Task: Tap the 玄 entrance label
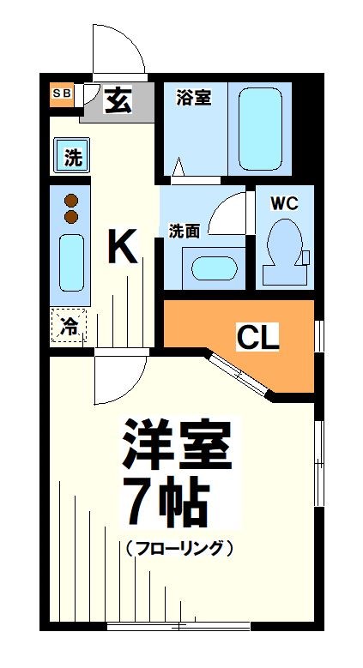pos(118,101)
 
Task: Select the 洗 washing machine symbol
pos(72,157)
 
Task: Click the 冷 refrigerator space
pos(69,326)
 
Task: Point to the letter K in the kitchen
pos(122,249)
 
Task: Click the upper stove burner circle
pos(71,201)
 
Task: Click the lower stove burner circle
pos(71,217)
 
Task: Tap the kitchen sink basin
pos(71,262)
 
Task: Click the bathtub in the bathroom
pos(260,128)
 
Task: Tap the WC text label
pos(283,203)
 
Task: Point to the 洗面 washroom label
pos(184,231)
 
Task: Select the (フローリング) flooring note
pos(178,547)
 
